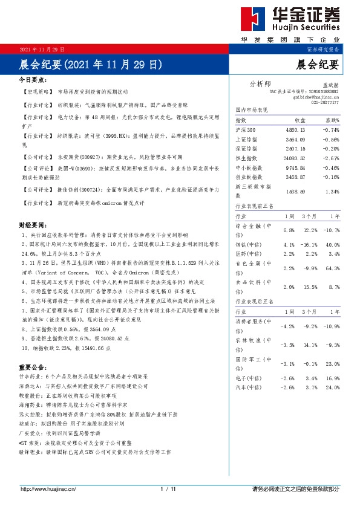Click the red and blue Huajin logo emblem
tap(250, 21)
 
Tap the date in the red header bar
tap(42, 48)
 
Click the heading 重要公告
tap(33, 367)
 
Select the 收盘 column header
tap(299, 121)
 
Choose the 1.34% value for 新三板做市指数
tap(332, 192)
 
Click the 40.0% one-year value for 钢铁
tap(332, 244)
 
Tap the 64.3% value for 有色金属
tap(332, 268)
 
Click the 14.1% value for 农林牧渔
tap(310, 345)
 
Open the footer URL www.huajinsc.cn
tap(48, 488)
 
